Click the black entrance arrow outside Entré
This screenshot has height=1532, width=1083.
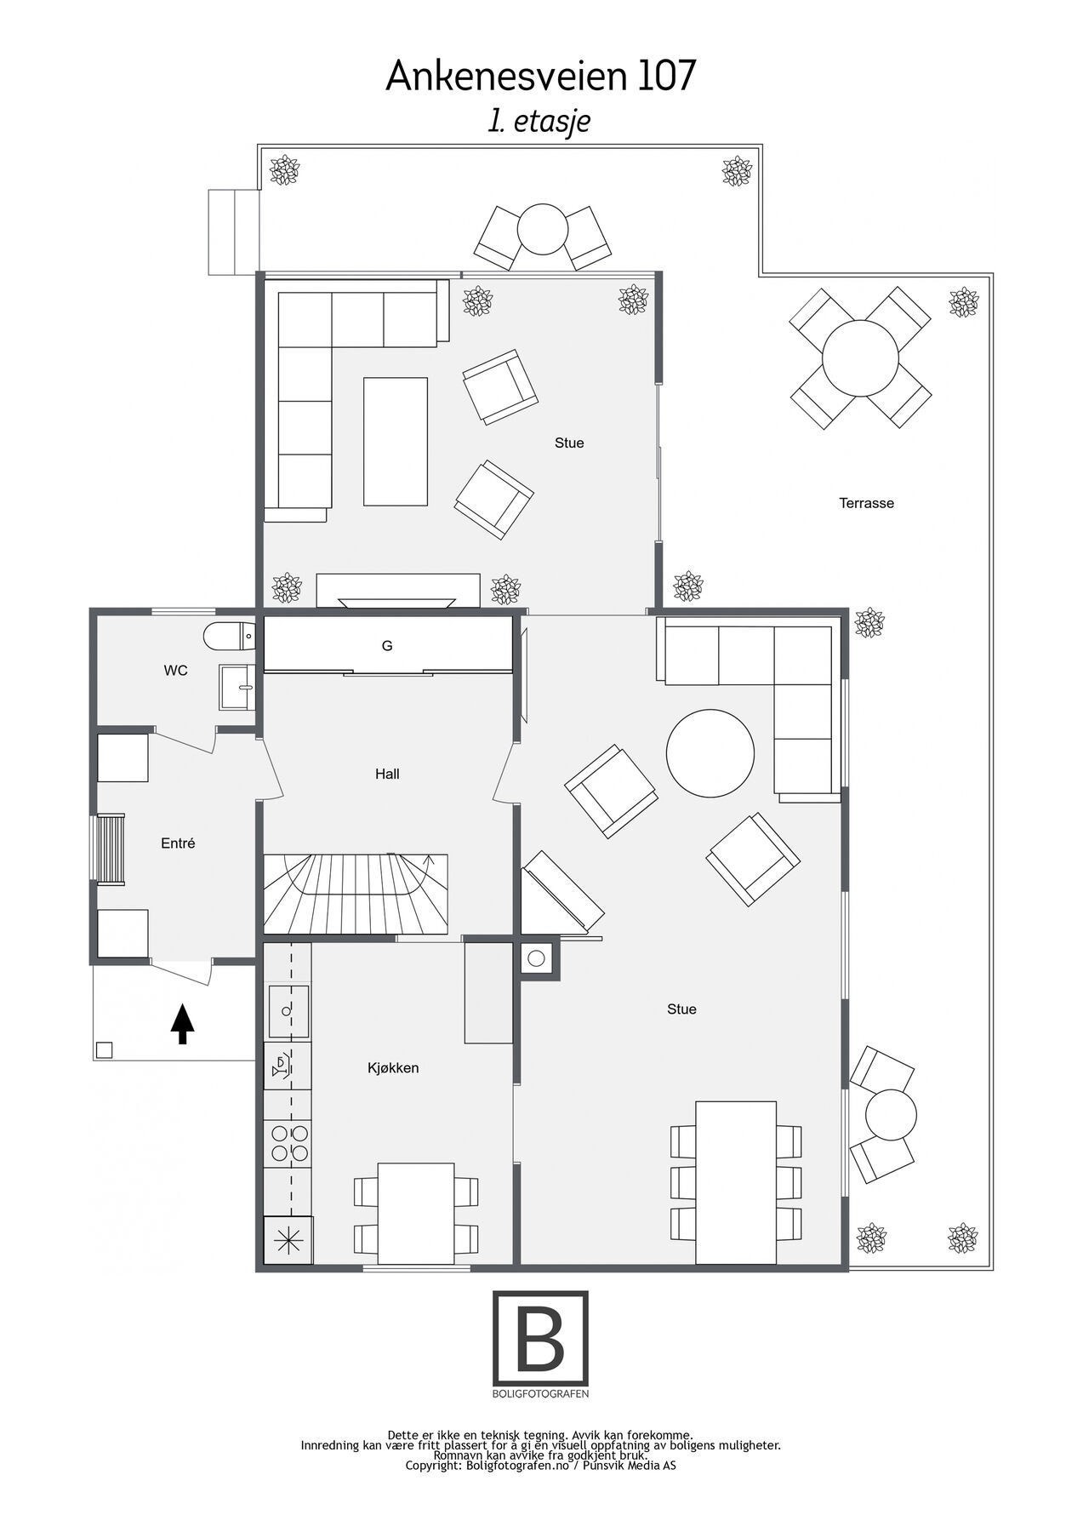182,1024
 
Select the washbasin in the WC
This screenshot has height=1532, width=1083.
236,686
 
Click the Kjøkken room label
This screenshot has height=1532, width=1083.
393,1067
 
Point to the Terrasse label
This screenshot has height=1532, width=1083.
866,503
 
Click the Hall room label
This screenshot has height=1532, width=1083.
387,774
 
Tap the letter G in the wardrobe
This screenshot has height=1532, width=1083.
387,646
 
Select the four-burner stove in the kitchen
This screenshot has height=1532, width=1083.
288,1143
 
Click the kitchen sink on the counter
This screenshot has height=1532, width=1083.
288,1011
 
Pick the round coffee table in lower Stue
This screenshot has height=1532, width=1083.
710,753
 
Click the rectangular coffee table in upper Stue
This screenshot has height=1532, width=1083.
396,442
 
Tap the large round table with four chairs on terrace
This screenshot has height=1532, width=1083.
859,357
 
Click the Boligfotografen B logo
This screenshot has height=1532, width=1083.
540,1338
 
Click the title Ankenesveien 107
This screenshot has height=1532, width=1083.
541,77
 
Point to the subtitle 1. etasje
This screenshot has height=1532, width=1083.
539,121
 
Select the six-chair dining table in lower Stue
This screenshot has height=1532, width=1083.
736,1182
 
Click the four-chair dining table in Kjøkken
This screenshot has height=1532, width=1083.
415,1213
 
